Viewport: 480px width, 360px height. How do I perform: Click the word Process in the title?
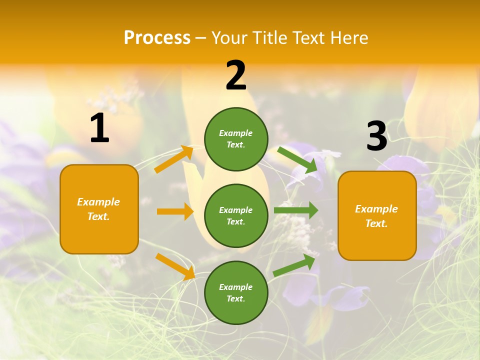(x=157, y=38)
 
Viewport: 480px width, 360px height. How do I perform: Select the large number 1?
(x=99, y=128)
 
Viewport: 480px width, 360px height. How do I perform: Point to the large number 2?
(x=236, y=75)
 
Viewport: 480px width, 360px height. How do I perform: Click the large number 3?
(x=376, y=136)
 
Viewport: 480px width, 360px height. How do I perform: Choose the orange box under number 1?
(x=99, y=209)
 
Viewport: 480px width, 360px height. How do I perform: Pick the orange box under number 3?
(x=377, y=215)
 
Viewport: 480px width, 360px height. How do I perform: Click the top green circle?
(x=236, y=139)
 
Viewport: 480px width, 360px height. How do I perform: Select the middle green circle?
(x=236, y=215)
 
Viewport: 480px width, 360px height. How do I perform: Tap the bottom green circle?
(x=236, y=292)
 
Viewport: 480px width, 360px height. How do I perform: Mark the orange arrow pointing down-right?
(x=175, y=266)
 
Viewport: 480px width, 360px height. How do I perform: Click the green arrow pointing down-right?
(x=298, y=159)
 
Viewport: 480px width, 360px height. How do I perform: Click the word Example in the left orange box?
(x=98, y=202)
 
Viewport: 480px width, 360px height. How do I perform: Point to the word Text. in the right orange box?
(x=376, y=223)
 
